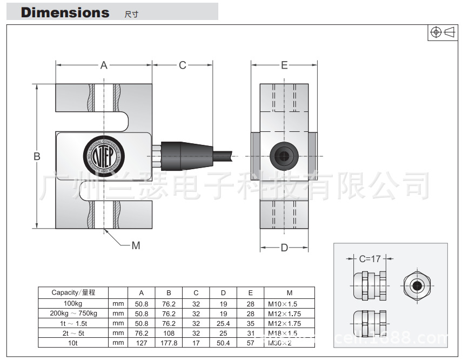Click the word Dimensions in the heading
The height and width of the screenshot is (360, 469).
pyautogui.click(x=65, y=12)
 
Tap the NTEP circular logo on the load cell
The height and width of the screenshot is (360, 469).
pyautogui.click(x=104, y=154)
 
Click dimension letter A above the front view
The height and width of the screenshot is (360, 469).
pyautogui.click(x=104, y=65)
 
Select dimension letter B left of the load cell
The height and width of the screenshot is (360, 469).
pyautogui.click(x=37, y=157)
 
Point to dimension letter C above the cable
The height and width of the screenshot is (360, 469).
pyautogui.click(x=182, y=65)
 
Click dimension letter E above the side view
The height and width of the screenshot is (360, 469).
pyautogui.click(x=284, y=65)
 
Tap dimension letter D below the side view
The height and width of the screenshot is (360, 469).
pyautogui.click(x=284, y=248)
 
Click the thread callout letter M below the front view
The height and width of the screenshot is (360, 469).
pyautogui.click(x=136, y=245)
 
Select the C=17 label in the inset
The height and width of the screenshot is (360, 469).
pyautogui.click(x=370, y=258)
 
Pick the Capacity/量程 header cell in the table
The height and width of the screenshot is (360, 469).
pyautogui.click(x=73, y=292)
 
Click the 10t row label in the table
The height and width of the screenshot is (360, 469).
pyautogui.click(x=73, y=343)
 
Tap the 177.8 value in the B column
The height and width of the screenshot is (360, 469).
pyautogui.click(x=169, y=343)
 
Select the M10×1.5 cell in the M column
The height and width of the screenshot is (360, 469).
pyautogui.click(x=283, y=303)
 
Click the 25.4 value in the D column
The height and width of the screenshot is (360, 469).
pyautogui.click(x=223, y=323)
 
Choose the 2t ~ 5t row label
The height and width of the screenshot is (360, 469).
pyautogui.click(x=73, y=333)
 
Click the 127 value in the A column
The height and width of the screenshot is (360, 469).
pyautogui.click(x=141, y=343)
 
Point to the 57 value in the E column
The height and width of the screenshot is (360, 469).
pyautogui.click(x=250, y=343)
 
